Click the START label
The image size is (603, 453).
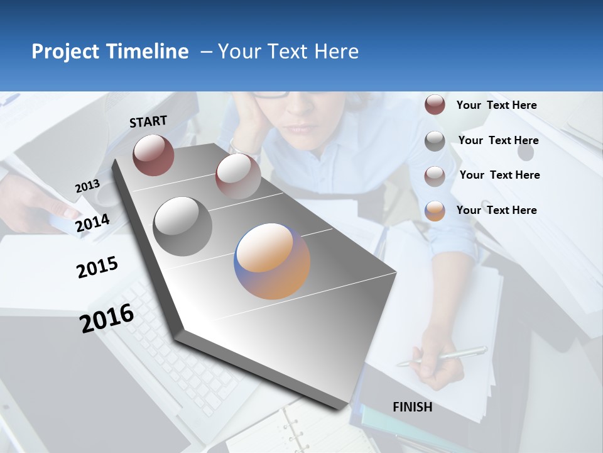(148, 121)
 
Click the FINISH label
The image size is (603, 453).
(412, 407)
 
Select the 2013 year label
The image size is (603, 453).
(87, 186)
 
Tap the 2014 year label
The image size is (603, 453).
(92, 223)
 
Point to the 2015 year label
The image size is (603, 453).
(97, 267)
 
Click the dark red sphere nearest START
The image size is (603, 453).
(153, 155)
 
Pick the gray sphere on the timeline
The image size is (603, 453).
(182, 226)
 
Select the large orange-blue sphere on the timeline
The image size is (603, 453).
(272, 260)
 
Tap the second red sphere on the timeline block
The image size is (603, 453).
(237, 176)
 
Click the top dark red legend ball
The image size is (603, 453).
(435, 105)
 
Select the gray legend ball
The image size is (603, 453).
(435, 141)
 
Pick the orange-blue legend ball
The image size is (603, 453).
(435, 211)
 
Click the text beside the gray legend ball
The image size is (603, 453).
(498, 140)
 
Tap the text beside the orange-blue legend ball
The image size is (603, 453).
(496, 210)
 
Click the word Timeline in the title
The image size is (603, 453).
(148, 52)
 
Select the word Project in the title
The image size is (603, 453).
(63, 52)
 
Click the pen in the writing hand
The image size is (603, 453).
(442, 357)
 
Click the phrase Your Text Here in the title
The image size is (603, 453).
(288, 52)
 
